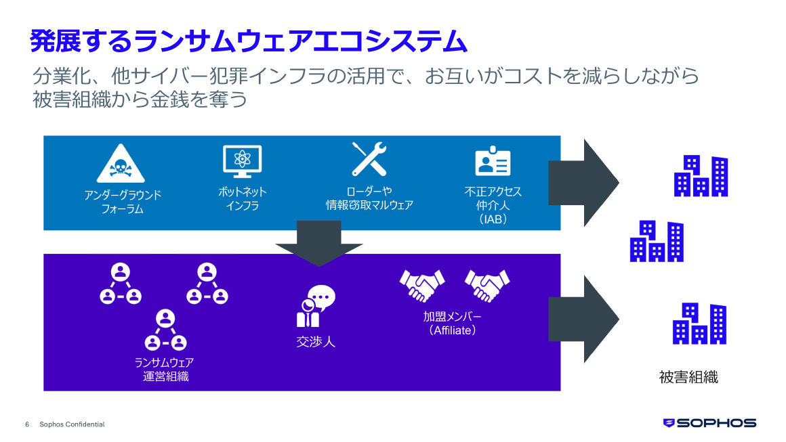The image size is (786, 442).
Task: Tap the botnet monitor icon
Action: point(242,162)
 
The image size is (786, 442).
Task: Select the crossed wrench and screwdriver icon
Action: point(369,159)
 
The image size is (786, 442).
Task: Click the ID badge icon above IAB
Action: point(493,162)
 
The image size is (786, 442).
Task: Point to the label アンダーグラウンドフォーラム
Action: point(123,202)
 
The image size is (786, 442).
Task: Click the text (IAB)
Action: point(493,220)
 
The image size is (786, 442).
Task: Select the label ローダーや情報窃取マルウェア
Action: point(369,198)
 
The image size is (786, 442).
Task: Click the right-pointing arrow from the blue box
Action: point(583,183)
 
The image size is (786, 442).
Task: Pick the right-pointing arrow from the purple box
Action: point(583,319)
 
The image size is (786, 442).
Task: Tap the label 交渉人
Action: point(316,341)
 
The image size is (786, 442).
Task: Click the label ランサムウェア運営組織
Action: point(165,369)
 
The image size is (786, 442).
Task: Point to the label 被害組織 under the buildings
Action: point(688,377)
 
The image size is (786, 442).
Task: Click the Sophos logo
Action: point(709,423)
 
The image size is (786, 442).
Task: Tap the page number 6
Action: point(27,424)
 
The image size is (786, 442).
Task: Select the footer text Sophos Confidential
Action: point(72,424)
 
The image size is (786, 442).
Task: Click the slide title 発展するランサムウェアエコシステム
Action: point(249,41)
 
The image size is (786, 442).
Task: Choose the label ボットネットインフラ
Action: point(242,198)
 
